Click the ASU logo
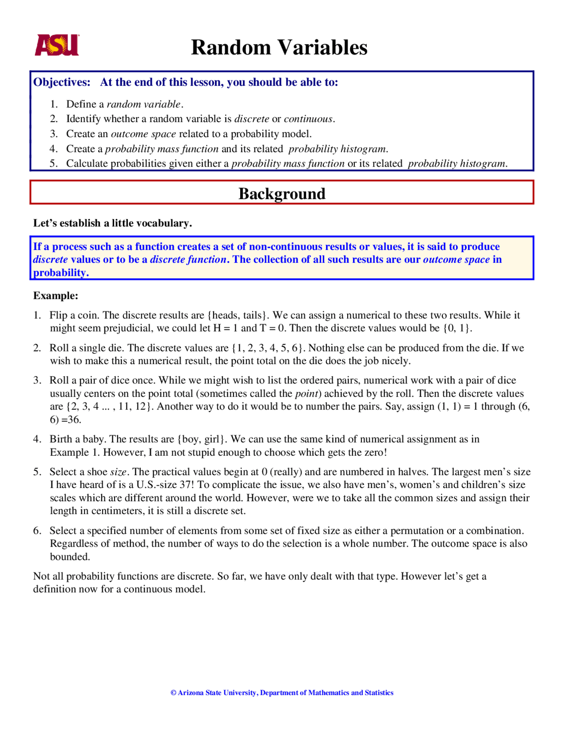pyautogui.click(x=57, y=45)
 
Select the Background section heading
pyautogui.click(x=282, y=194)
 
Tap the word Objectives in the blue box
pyautogui.click(x=62, y=82)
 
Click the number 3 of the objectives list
pyautogui.click(x=53, y=134)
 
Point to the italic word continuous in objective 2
pyautogui.click(x=308, y=119)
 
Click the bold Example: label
pyautogui.click(x=56, y=295)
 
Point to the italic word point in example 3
pyautogui.click(x=308, y=393)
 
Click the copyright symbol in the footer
pyautogui.click(x=173, y=693)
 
